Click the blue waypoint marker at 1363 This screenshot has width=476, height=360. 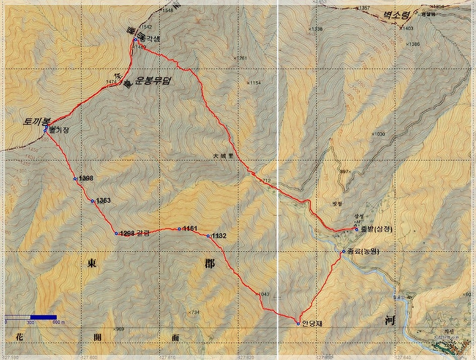[92, 201]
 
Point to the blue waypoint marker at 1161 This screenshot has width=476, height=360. [178, 228]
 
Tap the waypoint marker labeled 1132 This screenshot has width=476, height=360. [208, 236]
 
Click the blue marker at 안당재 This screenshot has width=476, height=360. [298, 324]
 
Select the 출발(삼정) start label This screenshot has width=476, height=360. [378, 230]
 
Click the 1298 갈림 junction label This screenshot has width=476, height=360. [134, 234]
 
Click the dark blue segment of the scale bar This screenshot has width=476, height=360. [43, 317]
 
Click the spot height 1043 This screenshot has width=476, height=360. [265, 294]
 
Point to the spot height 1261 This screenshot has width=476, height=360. [241, 58]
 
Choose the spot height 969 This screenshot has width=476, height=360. [119, 329]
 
